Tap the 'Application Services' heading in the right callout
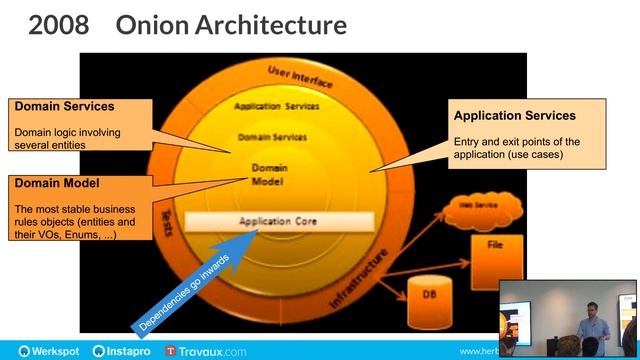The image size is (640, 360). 514,116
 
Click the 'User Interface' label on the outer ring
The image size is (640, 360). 299,73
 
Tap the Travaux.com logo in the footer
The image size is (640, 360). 205,351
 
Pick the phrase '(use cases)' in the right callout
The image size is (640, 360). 536,156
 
